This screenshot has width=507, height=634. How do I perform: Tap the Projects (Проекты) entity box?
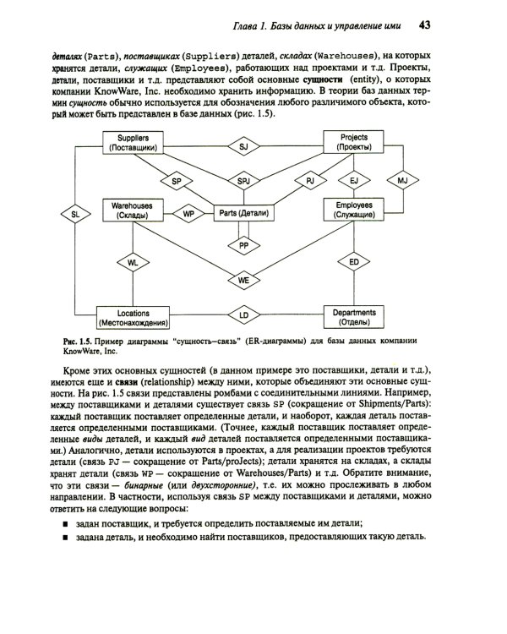[x=354, y=141]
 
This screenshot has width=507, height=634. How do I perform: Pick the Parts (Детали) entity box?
[x=243, y=214]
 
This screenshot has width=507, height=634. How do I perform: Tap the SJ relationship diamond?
[x=243, y=146]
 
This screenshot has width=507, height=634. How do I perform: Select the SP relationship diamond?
[x=177, y=181]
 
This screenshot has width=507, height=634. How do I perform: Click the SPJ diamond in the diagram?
[x=243, y=181]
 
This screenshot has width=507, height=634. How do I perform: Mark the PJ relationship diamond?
[x=309, y=181]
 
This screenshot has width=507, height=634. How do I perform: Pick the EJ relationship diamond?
[x=354, y=181]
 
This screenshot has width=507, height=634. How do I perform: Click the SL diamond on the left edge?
[x=75, y=215]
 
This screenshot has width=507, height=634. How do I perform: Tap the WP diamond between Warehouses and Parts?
[x=188, y=215]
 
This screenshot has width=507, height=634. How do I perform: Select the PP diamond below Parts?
[x=243, y=245]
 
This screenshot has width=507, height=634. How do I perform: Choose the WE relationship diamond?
[x=243, y=278]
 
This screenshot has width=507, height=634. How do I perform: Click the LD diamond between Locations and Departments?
[x=243, y=315]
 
